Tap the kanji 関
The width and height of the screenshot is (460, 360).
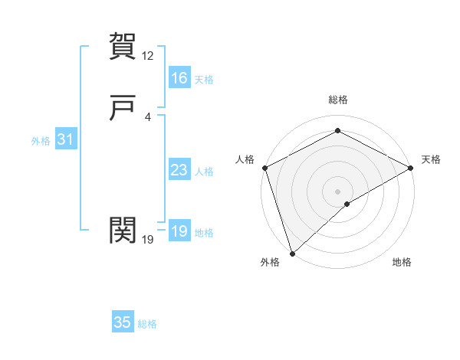(123, 229)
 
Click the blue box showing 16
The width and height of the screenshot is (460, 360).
(179, 78)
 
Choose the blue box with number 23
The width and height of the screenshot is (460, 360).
(179, 170)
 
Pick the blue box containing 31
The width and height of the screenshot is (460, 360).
(65, 139)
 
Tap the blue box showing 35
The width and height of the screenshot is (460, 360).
(123, 322)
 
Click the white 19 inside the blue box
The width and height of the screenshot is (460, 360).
(179, 231)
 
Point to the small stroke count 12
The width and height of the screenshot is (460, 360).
(148, 56)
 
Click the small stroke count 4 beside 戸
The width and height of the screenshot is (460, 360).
(148, 117)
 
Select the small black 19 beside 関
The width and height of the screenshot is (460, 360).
(148, 240)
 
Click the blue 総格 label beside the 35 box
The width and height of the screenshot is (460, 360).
(147, 324)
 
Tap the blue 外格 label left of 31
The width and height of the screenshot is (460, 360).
(41, 141)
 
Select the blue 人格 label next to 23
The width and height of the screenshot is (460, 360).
(205, 172)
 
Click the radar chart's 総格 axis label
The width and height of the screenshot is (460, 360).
(338, 100)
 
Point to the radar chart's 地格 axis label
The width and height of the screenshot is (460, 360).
(402, 263)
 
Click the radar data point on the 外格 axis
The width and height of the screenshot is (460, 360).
(291, 254)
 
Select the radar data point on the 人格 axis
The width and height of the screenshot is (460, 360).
(264, 167)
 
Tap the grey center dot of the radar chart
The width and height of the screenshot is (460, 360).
(338, 191)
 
